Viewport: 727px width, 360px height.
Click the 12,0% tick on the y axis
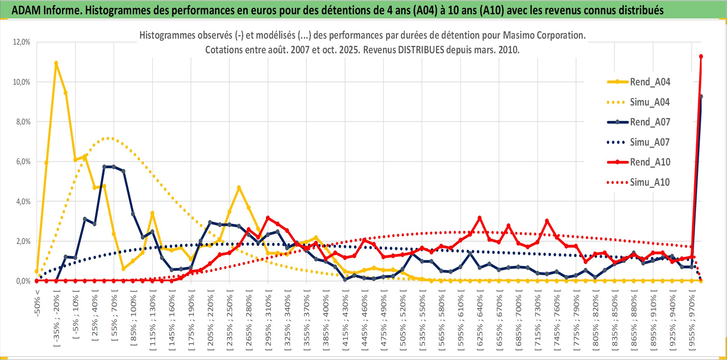click(x=22, y=42)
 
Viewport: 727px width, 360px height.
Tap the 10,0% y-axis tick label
click(x=22, y=82)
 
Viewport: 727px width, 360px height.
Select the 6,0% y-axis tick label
click(x=23, y=162)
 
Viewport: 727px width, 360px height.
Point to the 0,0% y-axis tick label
click(x=23, y=281)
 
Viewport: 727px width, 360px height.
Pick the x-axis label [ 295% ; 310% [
click(x=268, y=321)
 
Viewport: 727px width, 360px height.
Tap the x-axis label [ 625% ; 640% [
click(x=480, y=321)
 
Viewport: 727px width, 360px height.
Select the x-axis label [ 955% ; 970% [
click(x=692, y=321)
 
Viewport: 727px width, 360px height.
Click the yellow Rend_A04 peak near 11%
click(x=56, y=63)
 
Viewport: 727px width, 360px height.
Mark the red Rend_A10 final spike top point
click(x=701, y=56)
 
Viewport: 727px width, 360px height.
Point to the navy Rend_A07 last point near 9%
click(x=701, y=97)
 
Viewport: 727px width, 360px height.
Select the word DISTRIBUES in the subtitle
click(x=421, y=50)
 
